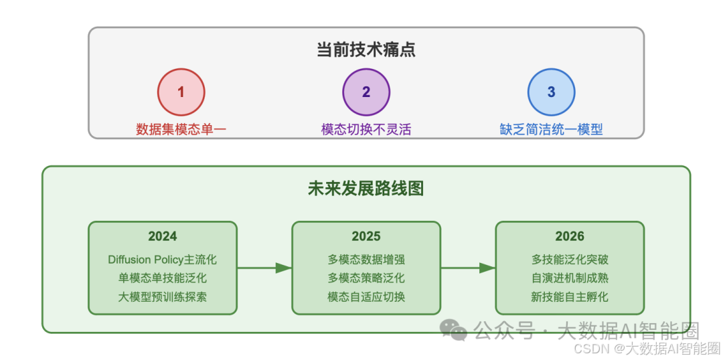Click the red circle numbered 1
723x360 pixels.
click(181, 92)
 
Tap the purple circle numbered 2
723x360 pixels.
click(366, 92)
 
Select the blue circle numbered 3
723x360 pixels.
click(551, 92)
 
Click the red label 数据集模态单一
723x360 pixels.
click(181, 129)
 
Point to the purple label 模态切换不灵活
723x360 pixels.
click(366, 129)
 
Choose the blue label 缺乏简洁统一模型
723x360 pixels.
click(551, 129)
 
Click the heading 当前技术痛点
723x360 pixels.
click(366, 50)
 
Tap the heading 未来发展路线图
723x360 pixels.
click(366, 189)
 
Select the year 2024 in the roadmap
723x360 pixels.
click(163, 236)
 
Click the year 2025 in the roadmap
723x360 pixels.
click(366, 236)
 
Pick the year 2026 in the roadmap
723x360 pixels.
click(570, 236)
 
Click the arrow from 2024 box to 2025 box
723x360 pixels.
click(264, 268)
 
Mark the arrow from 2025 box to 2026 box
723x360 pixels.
click(468, 268)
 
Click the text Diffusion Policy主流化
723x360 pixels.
click(163, 259)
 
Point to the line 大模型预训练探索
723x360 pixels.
click(163, 296)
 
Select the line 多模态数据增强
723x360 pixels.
click(366, 259)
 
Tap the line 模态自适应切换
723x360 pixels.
click(366, 296)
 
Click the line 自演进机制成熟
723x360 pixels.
click(570, 278)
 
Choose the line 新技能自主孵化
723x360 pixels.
click(570, 296)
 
